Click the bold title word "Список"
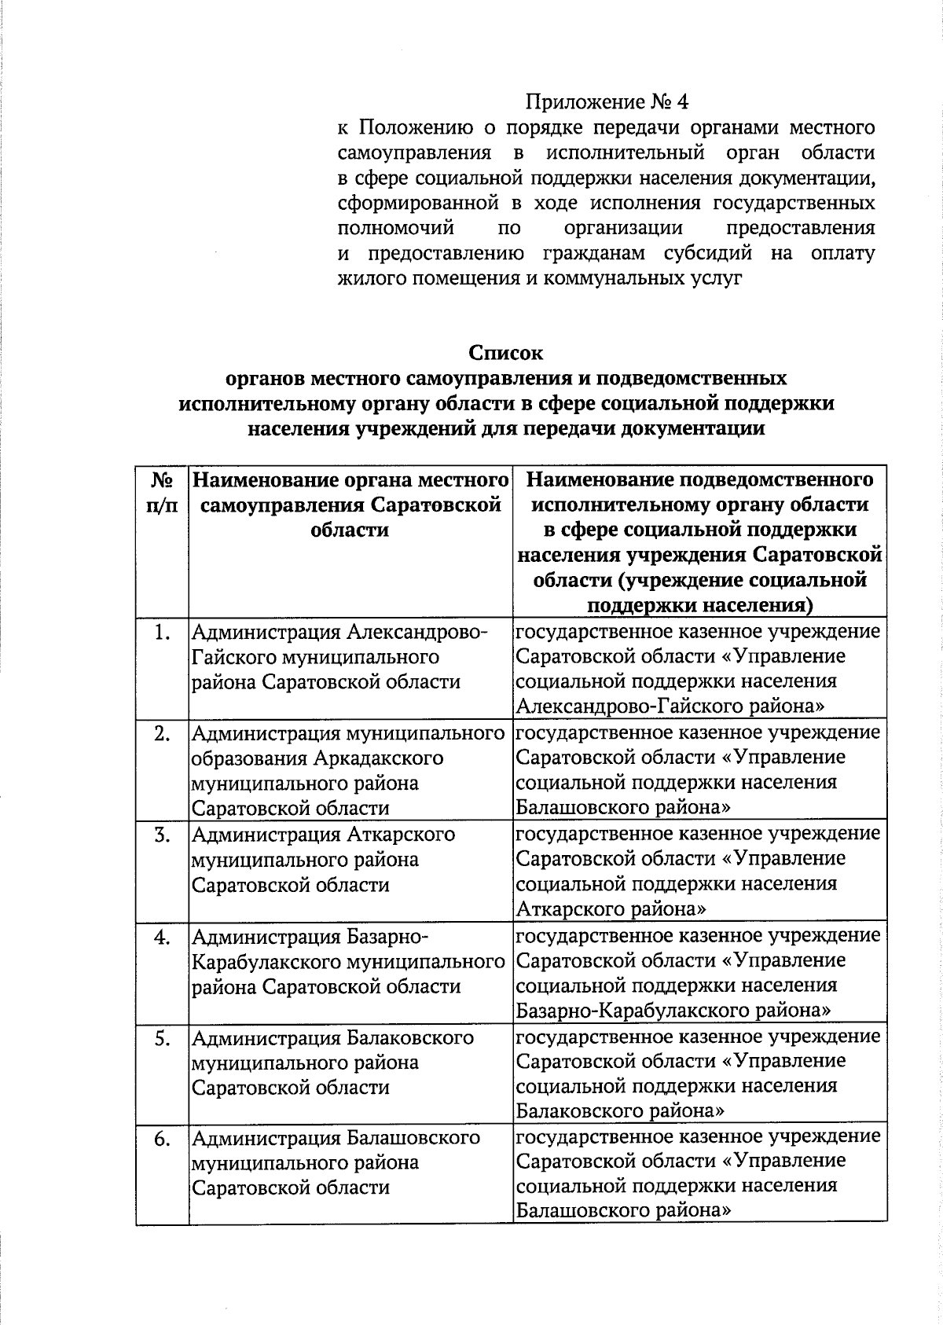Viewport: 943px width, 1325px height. [x=506, y=353]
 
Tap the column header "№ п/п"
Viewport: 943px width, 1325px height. [x=162, y=492]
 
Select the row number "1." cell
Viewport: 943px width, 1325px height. [x=162, y=633]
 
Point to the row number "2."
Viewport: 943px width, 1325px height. [x=162, y=734]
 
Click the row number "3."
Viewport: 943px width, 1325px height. [x=162, y=835]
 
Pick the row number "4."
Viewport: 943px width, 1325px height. [x=162, y=937]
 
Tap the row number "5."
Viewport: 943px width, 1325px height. [x=162, y=1038]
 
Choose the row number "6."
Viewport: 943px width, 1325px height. [x=162, y=1139]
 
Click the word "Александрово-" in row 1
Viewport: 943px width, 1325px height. [x=417, y=633]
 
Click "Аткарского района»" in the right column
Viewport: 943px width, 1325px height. [x=610, y=909]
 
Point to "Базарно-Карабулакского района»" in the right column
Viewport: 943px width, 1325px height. [x=673, y=1010]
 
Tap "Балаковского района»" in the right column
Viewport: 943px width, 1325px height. [x=620, y=1111]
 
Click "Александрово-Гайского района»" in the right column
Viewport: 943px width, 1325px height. [x=670, y=707]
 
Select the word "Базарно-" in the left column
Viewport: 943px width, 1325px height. [x=388, y=937]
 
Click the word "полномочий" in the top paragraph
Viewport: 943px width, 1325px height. [x=396, y=229]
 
